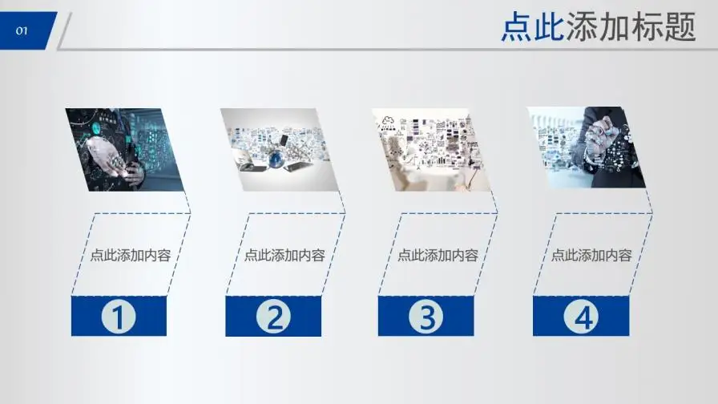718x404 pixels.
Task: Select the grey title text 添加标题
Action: (x=630, y=27)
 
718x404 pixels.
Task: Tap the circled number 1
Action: (x=118, y=317)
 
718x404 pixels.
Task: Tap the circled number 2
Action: (x=273, y=317)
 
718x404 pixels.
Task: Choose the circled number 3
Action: (x=426, y=317)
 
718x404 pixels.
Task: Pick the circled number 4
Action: (x=580, y=317)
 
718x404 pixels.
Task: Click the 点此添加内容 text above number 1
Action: (x=130, y=256)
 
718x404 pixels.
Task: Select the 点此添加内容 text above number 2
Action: (x=284, y=256)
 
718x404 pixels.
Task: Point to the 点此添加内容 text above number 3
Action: (x=438, y=256)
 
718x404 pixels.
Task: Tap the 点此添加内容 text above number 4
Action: (x=591, y=256)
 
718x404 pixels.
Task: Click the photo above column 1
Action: (x=124, y=150)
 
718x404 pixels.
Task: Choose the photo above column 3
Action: (x=432, y=150)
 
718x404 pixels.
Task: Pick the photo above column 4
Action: (x=587, y=148)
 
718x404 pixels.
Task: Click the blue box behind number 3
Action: (x=393, y=317)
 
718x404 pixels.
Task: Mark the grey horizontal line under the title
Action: (x=385, y=49)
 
